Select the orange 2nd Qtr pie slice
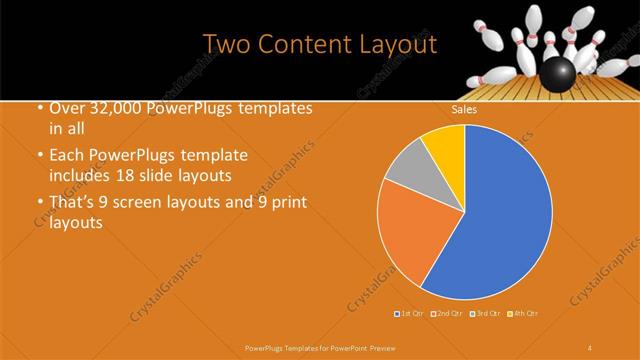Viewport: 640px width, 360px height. pos(410,235)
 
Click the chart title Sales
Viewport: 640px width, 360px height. pos(465,111)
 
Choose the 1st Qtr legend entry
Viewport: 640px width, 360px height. pos(411,314)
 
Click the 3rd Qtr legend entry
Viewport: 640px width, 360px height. pos(486,314)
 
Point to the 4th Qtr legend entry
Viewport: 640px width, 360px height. pos(524,314)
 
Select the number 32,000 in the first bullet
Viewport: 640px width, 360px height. pos(113,109)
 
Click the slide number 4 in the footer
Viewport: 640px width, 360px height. pos(590,347)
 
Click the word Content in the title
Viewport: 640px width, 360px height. pos(305,45)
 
